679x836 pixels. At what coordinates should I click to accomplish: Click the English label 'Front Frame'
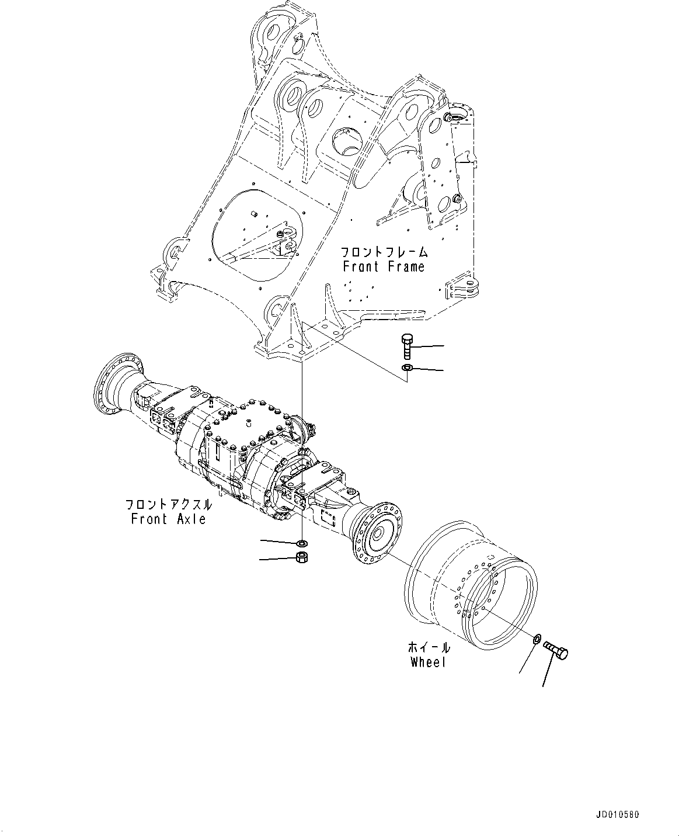(x=384, y=267)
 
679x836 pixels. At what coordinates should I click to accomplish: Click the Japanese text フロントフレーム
(x=384, y=252)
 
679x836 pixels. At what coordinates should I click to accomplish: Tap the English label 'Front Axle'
(x=168, y=519)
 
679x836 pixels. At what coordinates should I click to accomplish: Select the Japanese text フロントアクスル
(x=168, y=504)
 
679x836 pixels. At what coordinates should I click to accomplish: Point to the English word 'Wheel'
(x=427, y=662)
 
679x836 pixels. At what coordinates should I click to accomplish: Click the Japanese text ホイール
(x=429, y=648)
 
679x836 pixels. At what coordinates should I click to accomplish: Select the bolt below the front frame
(x=407, y=346)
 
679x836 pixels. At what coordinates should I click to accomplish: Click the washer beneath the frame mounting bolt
(x=407, y=368)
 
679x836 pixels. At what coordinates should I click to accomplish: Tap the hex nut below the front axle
(x=302, y=558)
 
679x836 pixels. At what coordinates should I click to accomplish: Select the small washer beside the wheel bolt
(x=537, y=638)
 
